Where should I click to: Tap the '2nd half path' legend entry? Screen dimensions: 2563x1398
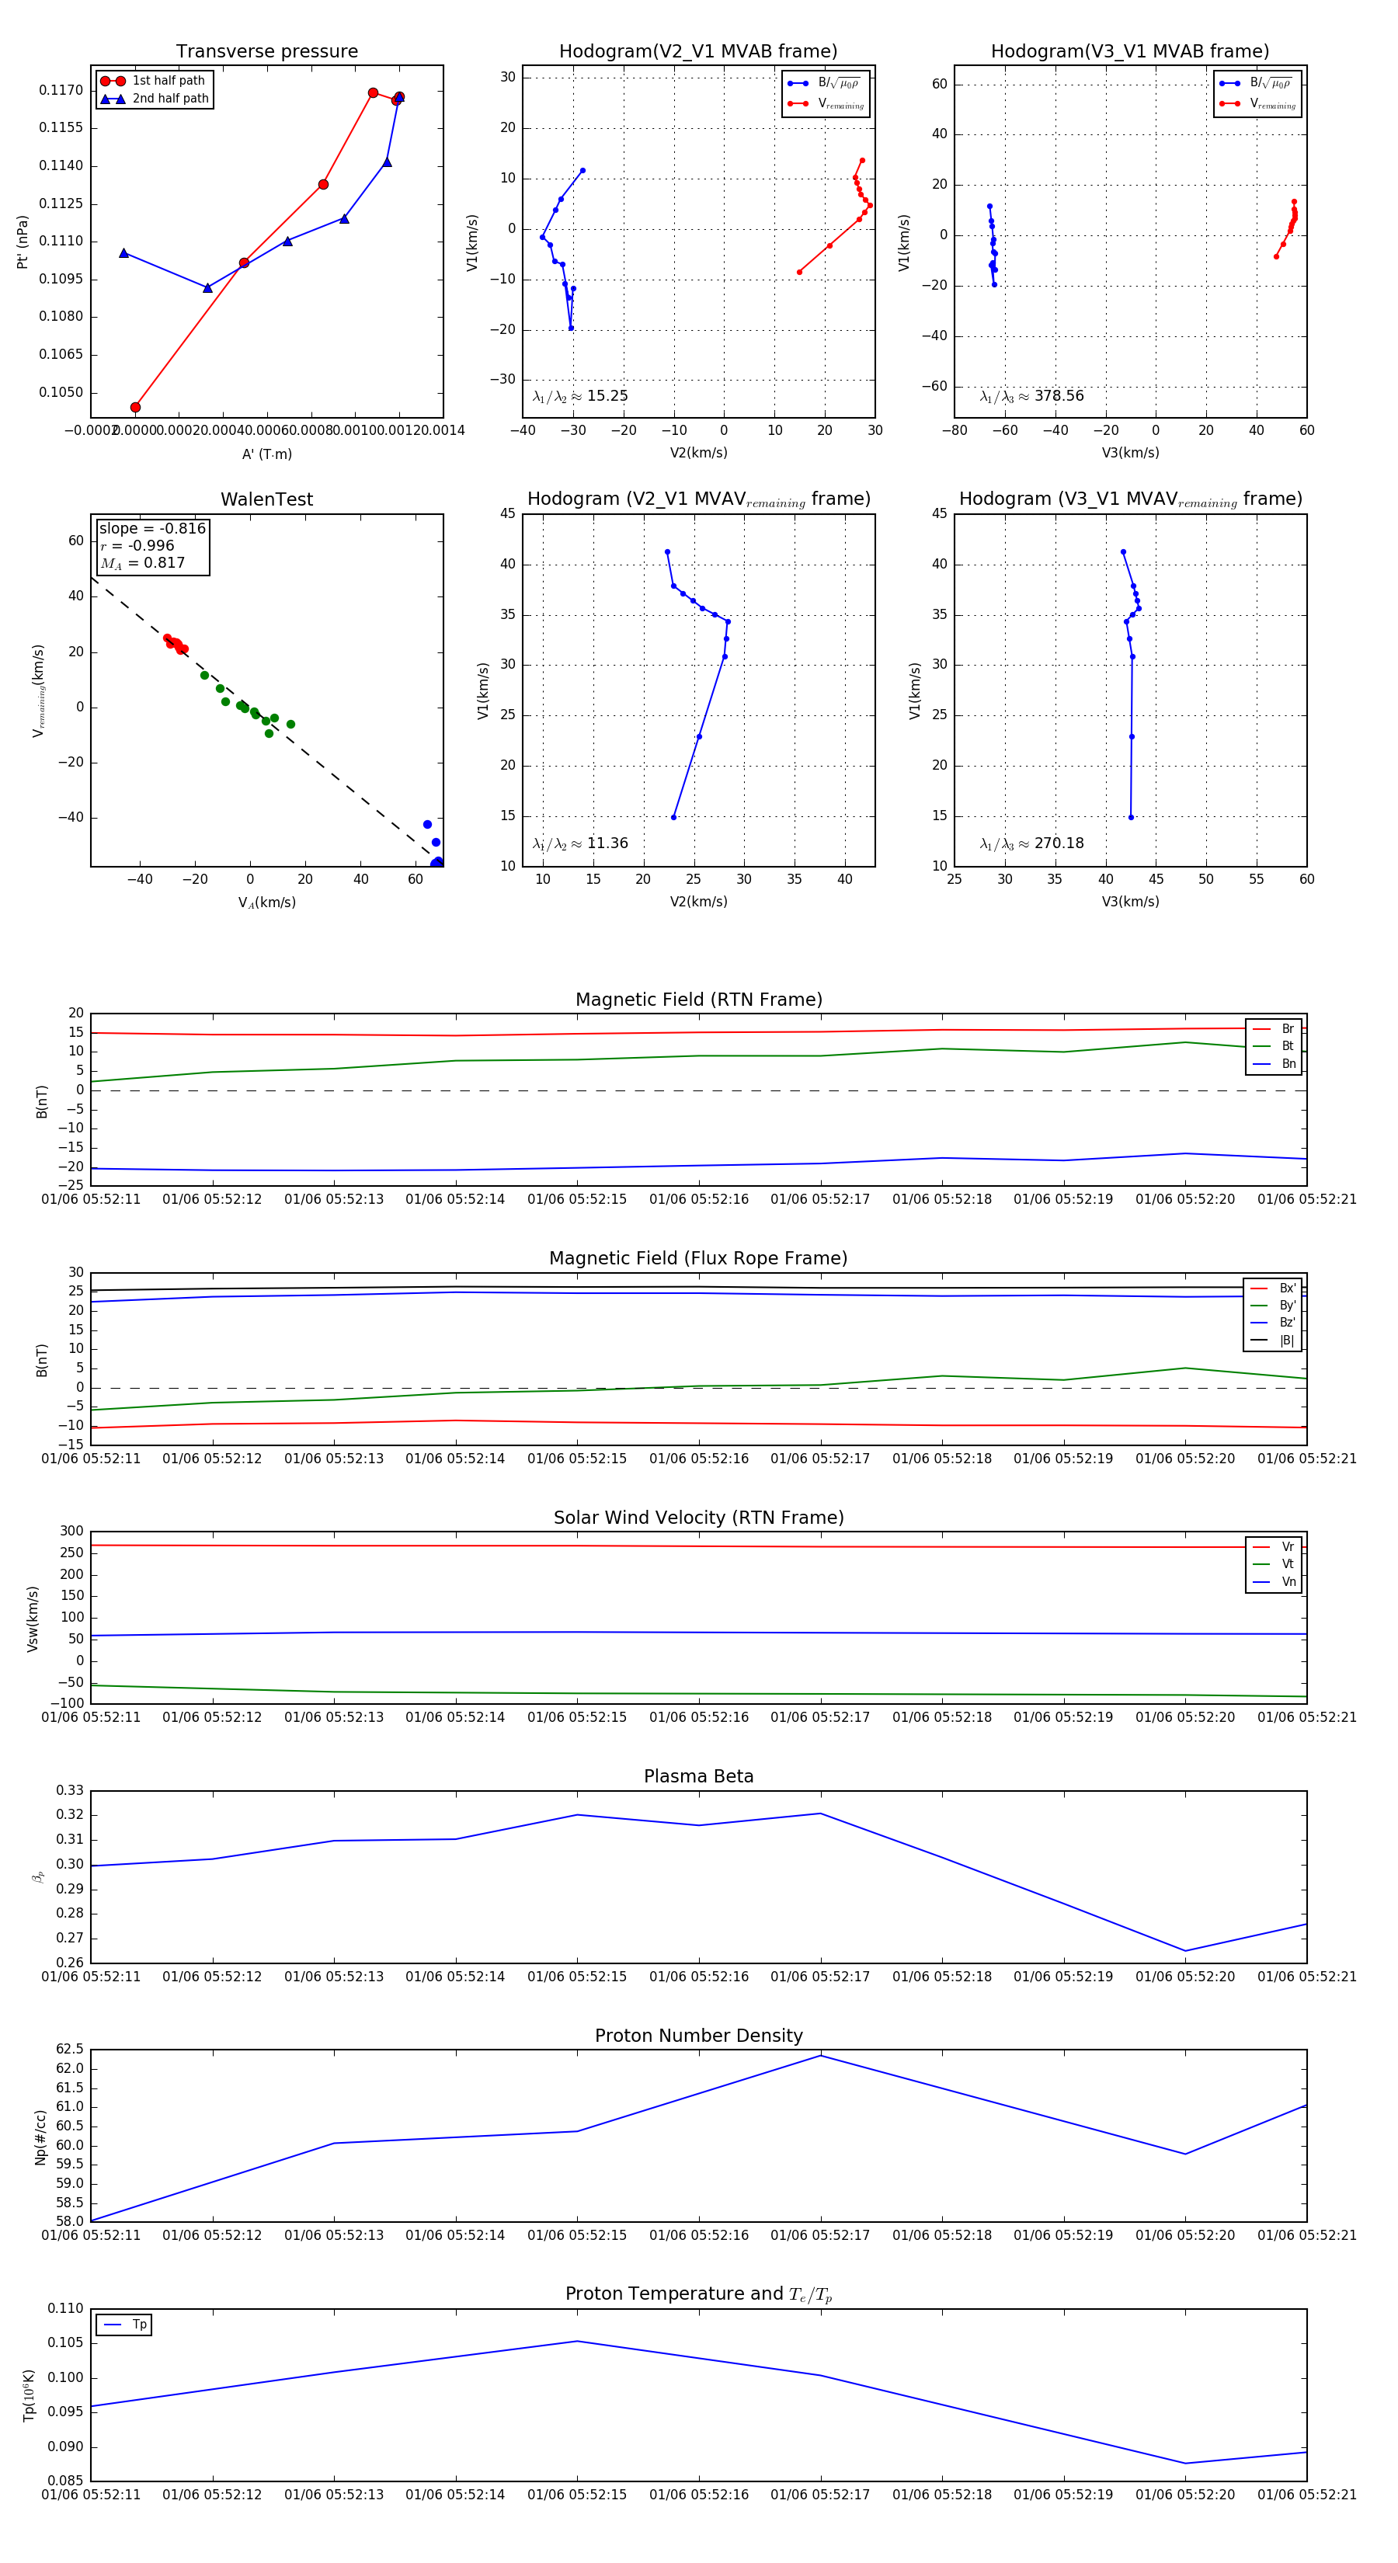click(170, 99)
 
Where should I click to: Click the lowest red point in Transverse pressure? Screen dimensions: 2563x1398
click(135, 407)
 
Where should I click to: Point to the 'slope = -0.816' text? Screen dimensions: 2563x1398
click(152, 528)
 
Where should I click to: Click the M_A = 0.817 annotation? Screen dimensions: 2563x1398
click(143, 563)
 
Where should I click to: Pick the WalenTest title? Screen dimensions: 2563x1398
click(266, 499)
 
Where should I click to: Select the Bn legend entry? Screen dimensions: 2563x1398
click(1288, 1063)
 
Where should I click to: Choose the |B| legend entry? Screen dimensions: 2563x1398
click(1287, 1341)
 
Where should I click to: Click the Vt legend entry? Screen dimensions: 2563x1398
click(1288, 1564)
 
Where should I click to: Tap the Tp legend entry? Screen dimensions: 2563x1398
click(138, 2325)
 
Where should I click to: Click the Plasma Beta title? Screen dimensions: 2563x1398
click(698, 1776)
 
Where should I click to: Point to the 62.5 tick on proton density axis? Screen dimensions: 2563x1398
click(71, 2049)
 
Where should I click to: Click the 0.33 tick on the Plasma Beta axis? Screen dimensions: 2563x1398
click(71, 1790)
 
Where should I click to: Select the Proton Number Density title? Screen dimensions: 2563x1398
click(698, 2035)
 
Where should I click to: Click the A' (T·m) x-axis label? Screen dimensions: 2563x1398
click(266, 454)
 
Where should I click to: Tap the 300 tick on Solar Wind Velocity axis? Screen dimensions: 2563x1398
click(71, 1532)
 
